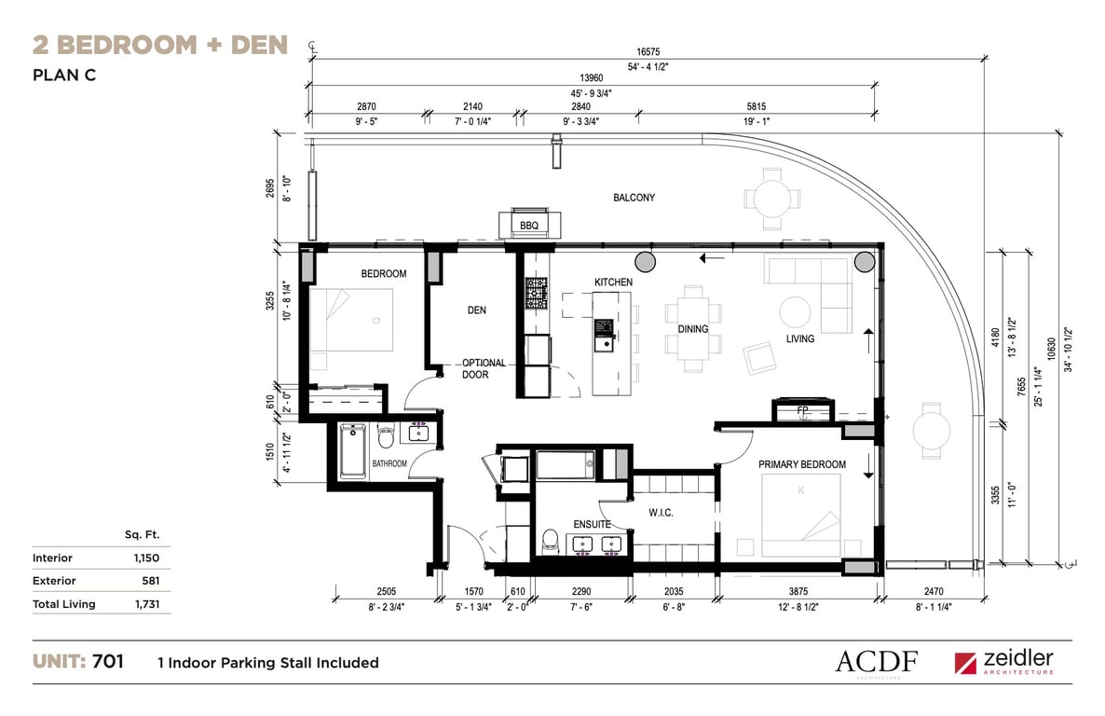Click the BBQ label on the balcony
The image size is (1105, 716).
(x=529, y=226)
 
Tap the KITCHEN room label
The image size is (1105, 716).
(x=613, y=282)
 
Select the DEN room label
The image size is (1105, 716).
(x=476, y=310)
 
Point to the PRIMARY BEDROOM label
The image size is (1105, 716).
(x=802, y=464)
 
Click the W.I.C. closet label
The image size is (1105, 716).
(x=661, y=513)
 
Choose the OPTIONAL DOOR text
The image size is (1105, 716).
(x=484, y=368)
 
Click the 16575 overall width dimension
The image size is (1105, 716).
(x=648, y=51)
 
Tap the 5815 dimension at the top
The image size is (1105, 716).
(x=757, y=106)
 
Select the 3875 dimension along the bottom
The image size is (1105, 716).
(x=798, y=591)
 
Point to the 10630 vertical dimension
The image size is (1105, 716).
(x=1052, y=350)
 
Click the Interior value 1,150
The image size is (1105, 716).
(x=146, y=558)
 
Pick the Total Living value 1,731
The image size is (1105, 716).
(x=147, y=604)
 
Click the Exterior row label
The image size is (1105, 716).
(x=54, y=581)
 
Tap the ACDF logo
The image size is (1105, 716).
(x=877, y=662)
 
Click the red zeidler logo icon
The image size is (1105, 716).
(x=965, y=663)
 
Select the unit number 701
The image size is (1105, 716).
(x=108, y=661)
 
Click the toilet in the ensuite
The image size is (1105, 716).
(x=551, y=541)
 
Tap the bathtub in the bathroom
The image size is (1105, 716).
(x=352, y=450)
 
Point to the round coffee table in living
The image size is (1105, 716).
(x=795, y=311)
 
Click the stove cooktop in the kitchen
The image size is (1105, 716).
(x=536, y=293)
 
